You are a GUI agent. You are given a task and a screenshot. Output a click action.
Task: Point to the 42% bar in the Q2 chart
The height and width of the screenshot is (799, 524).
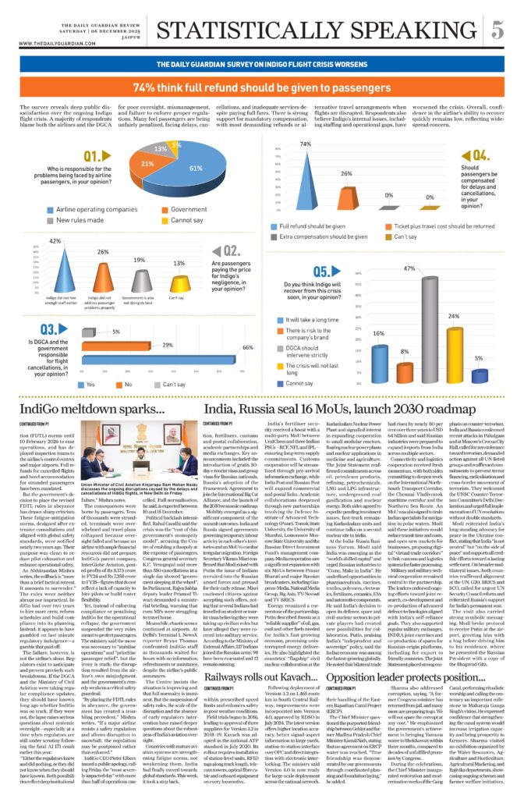pos(55,268)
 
